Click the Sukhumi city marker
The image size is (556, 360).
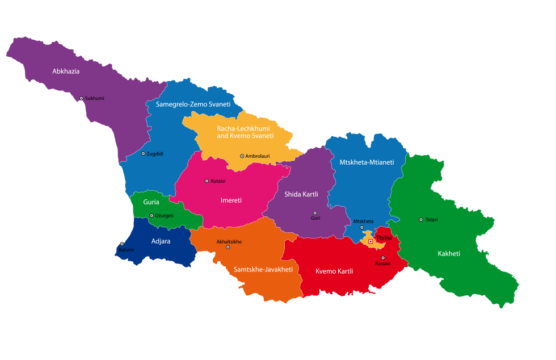pyautogui.click(x=81, y=98)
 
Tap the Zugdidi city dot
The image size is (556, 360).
pyautogui.click(x=143, y=153)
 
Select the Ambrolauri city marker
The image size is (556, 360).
pyautogui.click(x=242, y=156)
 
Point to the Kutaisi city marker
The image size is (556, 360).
pyautogui.click(x=207, y=181)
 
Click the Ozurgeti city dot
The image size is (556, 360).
pyautogui.click(x=151, y=215)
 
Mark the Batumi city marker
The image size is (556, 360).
pyautogui.click(x=121, y=244)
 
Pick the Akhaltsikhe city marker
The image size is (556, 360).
pyautogui.click(x=228, y=247)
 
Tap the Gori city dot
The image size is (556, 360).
pyautogui.click(x=315, y=213)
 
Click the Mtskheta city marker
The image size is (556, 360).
pyautogui.click(x=361, y=227)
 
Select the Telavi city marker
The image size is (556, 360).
pyautogui.click(x=421, y=219)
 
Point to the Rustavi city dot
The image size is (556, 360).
pyautogui.click(x=382, y=258)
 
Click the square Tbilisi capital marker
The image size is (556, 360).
pyautogui.click(x=370, y=241)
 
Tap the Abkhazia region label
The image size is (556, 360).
pyautogui.click(x=66, y=72)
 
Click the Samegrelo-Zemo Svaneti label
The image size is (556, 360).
pyautogui.click(x=193, y=104)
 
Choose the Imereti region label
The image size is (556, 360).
pyautogui.click(x=231, y=200)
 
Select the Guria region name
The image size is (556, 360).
pyautogui.click(x=151, y=202)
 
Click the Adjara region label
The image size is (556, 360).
pyautogui.click(x=161, y=241)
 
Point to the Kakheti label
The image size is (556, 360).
pyautogui.click(x=449, y=253)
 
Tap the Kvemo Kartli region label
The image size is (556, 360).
pyautogui.click(x=334, y=271)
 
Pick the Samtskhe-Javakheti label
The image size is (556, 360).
pyautogui.click(x=263, y=269)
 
